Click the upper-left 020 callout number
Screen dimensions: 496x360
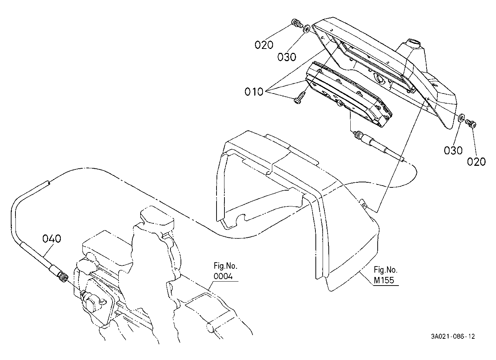pos(264,45)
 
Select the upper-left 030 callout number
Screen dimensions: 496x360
pos(287,57)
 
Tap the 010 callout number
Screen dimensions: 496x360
pos(254,92)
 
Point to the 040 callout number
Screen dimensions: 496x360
pos(52,238)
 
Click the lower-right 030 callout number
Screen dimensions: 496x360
pos(453,150)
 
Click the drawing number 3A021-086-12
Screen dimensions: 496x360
pos(453,337)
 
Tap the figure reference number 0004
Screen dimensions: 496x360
pos(223,277)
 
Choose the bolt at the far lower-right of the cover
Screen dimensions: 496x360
pos(471,124)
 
